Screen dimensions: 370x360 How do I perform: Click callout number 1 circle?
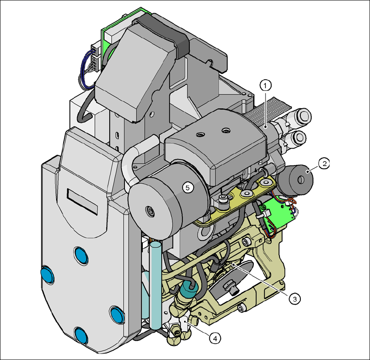pos(266,86)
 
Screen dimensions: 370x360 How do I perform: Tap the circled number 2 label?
pos(324,163)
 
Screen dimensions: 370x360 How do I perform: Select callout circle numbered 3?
pos(295,299)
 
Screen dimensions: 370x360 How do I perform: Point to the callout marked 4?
pos(215,339)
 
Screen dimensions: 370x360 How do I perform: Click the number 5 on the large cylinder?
pos(188,188)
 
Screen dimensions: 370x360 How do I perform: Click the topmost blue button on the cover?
pos(81,255)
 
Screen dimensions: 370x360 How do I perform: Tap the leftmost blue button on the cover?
pos(47,275)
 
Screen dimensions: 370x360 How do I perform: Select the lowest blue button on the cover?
pos(81,335)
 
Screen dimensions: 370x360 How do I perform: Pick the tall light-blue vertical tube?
pos(155,285)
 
